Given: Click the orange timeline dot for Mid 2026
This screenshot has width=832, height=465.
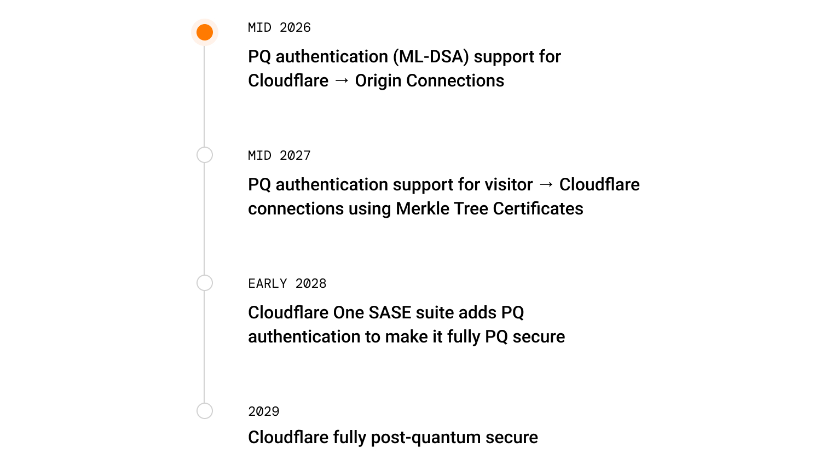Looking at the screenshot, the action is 205,32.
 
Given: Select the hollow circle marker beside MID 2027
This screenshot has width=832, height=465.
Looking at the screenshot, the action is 205,147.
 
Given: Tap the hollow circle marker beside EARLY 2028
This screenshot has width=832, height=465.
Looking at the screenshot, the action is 205,275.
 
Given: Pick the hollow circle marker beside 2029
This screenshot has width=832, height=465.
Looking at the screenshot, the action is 205,403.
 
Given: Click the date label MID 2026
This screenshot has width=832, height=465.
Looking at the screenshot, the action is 279,27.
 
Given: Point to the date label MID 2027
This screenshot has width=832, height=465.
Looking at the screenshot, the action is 279,155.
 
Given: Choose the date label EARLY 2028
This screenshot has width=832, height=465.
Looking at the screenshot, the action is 287,283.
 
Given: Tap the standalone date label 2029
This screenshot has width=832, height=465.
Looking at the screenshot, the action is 264,411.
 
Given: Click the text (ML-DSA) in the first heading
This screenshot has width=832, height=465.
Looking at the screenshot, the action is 431,57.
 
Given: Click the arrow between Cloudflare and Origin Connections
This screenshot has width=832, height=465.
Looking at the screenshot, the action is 342,81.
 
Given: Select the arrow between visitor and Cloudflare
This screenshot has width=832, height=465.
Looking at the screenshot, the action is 546,184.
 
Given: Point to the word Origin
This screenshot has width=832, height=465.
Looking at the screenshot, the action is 378,81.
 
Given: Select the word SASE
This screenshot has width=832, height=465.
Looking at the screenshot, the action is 390,312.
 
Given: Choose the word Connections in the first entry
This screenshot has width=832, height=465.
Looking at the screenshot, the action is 455,81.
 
